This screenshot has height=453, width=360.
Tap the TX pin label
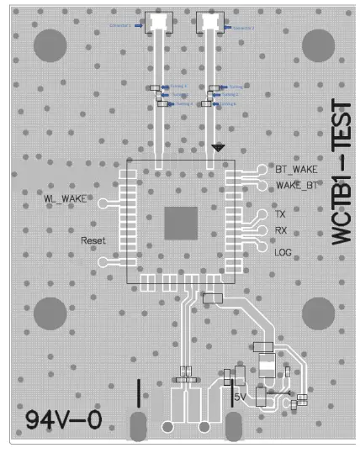click(281, 215)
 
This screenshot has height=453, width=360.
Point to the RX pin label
click(282, 230)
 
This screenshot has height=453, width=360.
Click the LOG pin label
click(283, 251)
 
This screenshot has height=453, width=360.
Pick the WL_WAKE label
click(66, 198)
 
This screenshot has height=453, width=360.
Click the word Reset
click(93, 240)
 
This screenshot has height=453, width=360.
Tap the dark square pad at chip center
click(181, 222)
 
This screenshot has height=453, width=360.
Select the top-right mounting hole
click(320, 46)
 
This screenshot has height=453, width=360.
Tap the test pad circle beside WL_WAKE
click(103, 203)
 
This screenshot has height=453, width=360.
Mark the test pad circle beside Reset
click(103, 261)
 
